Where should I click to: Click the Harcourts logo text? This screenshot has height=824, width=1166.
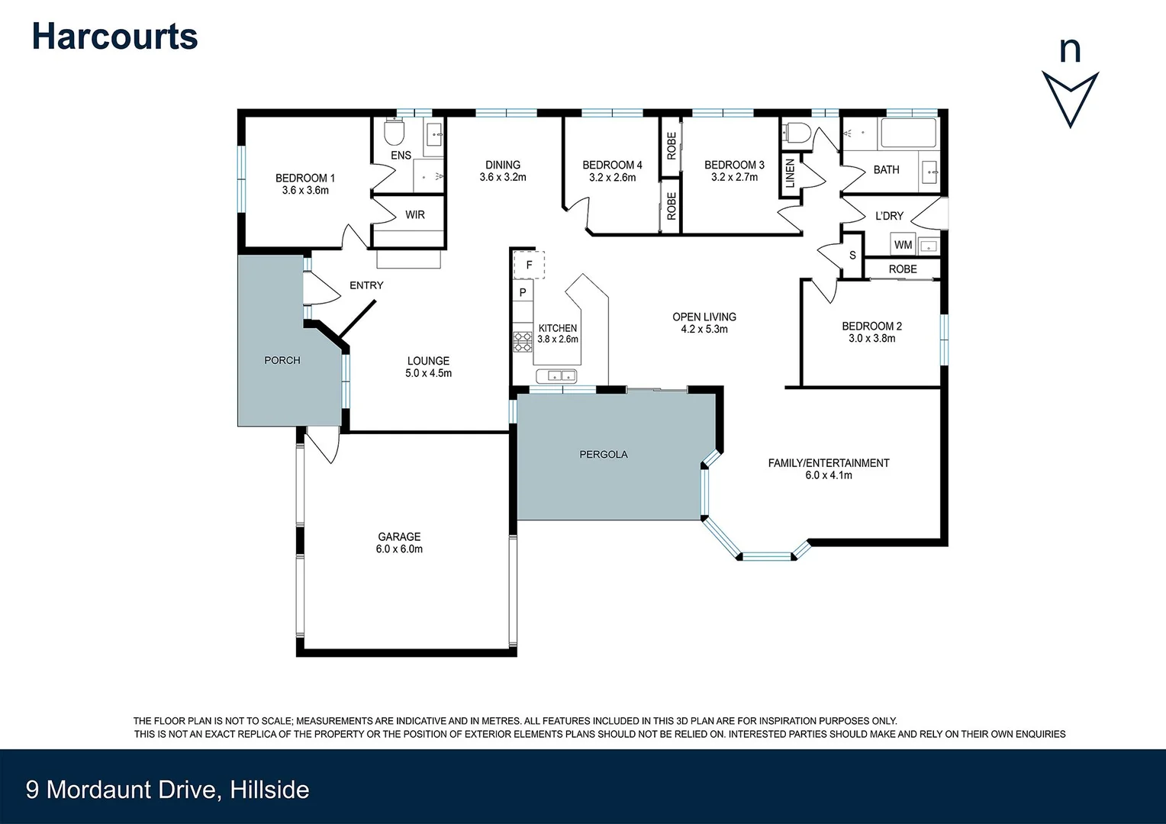tap(114, 37)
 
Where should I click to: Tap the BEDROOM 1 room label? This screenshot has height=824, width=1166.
tap(305, 184)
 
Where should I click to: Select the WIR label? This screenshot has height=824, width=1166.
tap(414, 215)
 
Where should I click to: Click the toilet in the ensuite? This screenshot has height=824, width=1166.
tap(394, 134)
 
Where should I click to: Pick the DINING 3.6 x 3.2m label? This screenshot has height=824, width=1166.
tap(502, 171)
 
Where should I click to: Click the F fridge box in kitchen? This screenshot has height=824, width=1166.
tap(529, 266)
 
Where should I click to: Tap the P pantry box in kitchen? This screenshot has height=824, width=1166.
tap(523, 292)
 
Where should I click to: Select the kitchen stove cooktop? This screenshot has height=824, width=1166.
tap(523, 341)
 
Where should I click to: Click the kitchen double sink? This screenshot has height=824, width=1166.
tap(557, 375)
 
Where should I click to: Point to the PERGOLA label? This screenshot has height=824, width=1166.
tap(603, 455)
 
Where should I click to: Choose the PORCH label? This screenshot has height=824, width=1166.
tap(282, 360)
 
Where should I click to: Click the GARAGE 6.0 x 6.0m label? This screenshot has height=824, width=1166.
tap(399, 542)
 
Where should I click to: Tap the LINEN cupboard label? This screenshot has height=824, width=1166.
tap(790, 174)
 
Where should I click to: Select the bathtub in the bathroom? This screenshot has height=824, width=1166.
tap(908, 134)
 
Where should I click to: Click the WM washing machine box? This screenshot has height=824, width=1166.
tap(903, 245)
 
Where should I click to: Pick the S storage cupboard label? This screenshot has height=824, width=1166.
tap(852, 256)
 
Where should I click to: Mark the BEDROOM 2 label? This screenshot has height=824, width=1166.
tap(871, 332)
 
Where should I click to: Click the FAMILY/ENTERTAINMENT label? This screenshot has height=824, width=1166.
tap(828, 468)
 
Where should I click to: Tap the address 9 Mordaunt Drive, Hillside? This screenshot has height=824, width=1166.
tap(168, 789)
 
